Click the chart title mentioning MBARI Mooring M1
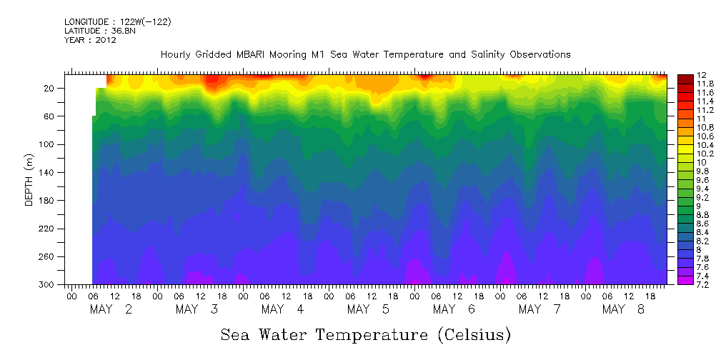365,54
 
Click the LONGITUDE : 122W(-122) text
117,22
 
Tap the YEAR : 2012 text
90,41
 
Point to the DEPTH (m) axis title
29,179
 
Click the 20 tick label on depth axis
50,89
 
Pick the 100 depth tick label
48,144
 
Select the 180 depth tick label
48,201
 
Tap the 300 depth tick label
48,285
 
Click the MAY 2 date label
111,309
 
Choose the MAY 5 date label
368,309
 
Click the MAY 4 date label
282,309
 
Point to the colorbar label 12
702,75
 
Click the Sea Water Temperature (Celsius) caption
366,334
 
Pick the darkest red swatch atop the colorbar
685,78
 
